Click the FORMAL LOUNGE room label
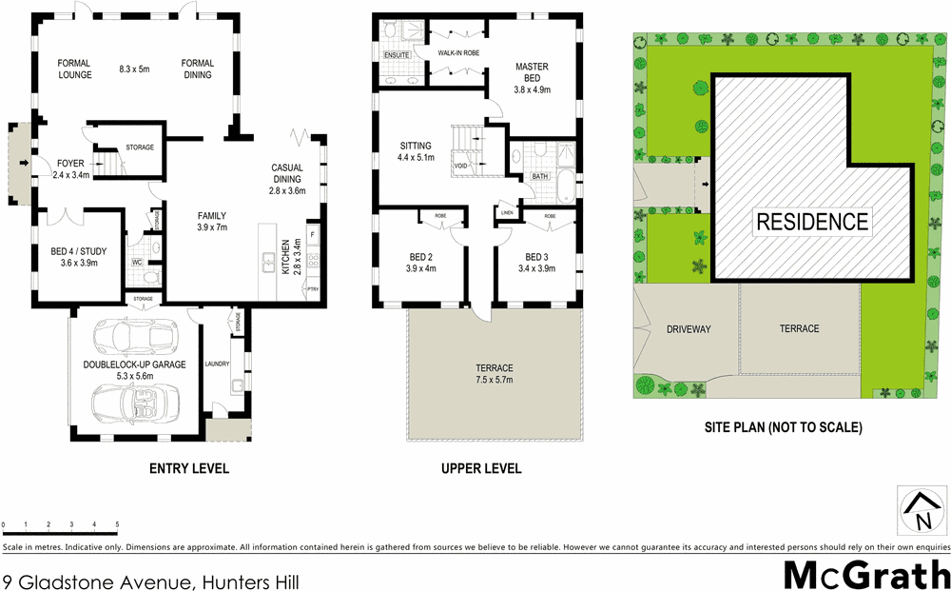[75, 69]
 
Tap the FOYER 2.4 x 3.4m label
[70, 168]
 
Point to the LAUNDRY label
[216, 363]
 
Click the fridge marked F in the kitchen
[313, 233]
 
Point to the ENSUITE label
[397, 55]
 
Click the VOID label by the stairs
[461, 166]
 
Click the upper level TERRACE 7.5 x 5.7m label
[495, 374]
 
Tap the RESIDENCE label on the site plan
[812, 222]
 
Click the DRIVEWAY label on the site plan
[684, 328]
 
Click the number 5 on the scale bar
[117, 524]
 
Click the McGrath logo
[866, 575]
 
